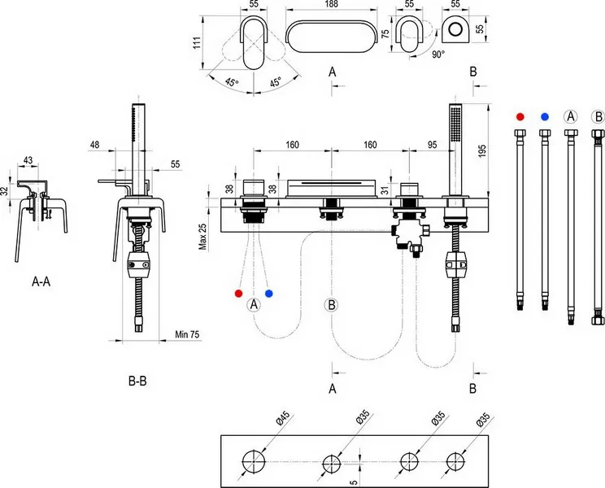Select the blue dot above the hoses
pyautogui.click(x=544, y=117)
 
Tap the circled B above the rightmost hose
pyautogui.click(x=598, y=116)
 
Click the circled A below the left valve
pyautogui.click(x=254, y=305)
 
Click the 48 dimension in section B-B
pyautogui.click(x=95, y=145)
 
